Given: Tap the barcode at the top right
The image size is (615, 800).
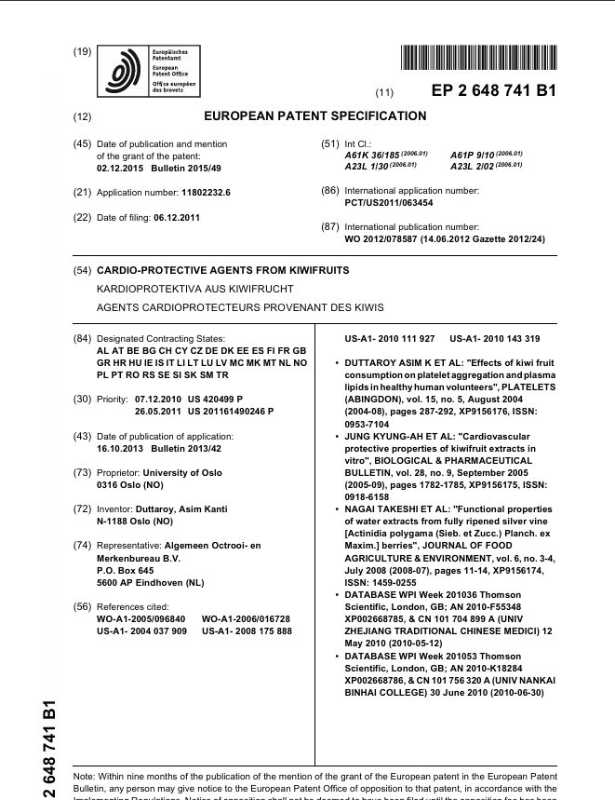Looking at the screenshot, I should (479, 59).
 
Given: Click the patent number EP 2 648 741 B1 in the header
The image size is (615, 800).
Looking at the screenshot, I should (493, 91).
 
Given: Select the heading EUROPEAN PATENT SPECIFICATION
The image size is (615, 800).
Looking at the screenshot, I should (314, 116).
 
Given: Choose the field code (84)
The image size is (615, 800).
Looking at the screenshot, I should (82, 338).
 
